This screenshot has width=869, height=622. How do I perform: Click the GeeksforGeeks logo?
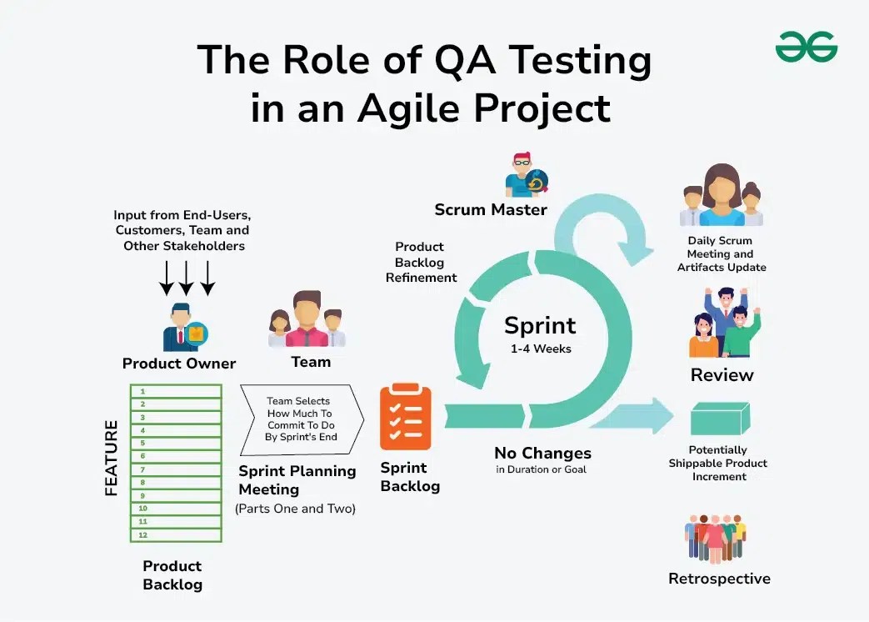tap(806, 48)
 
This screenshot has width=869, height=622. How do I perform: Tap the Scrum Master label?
tap(490, 209)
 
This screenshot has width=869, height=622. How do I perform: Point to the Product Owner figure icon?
tap(184, 327)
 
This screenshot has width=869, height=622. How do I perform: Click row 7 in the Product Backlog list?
tap(176, 469)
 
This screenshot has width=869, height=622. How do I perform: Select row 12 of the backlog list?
tap(176, 534)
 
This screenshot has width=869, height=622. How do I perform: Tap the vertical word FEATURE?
tap(112, 458)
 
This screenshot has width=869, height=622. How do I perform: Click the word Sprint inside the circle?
tap(540, 325)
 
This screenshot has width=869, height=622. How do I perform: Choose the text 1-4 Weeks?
tap(541, 349)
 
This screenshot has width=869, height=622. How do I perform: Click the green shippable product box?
tap(721, 418)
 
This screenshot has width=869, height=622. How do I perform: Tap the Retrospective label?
tap(719, 579)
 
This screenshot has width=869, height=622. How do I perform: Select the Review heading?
tap(722, 375)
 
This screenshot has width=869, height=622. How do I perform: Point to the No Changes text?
tap(542, 454)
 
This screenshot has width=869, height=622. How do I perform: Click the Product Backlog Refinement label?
tap(421, 262)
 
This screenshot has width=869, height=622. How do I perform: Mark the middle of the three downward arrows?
tap(187, 278)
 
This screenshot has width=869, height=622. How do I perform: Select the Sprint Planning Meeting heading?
tap(297, 479)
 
